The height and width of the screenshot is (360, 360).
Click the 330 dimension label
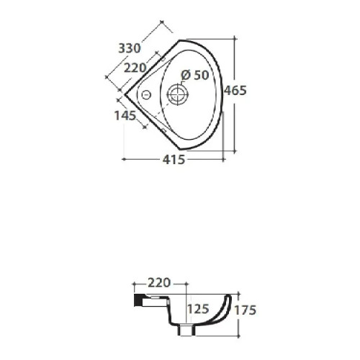(x=129, y=48)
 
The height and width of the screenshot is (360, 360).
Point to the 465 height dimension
(x=236, y=91)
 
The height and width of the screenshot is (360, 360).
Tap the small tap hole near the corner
(x=145, y=95)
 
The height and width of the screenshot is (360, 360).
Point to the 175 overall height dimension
(x=246, y=310)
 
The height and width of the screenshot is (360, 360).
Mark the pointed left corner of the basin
(x=123, y=94)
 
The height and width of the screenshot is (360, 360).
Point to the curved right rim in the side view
(x=228, y=302)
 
